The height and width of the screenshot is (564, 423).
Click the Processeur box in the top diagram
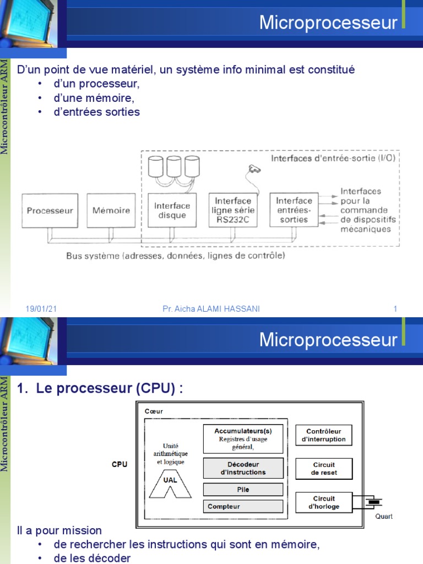50,210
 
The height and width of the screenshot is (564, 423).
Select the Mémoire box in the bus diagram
111,210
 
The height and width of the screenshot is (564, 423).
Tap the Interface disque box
172,210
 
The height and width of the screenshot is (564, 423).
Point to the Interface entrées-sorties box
294,209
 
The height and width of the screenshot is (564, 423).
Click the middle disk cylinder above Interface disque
175,166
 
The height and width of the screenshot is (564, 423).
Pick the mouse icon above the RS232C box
254,169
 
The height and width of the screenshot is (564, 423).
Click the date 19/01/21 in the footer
41,309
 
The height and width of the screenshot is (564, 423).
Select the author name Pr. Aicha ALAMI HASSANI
211,309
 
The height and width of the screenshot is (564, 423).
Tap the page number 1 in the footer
395,309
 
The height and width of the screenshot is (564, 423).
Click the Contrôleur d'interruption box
324,435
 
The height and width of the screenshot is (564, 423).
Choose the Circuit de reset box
324,468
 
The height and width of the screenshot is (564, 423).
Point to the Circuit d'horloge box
324,502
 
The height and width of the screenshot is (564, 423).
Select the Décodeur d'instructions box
243,468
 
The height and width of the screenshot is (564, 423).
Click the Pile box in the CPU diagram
243,489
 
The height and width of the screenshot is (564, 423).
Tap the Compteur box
243,506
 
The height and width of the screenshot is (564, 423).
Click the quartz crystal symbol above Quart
375,502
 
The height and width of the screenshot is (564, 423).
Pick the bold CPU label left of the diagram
120,464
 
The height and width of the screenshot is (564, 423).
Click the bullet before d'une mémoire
40,98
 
